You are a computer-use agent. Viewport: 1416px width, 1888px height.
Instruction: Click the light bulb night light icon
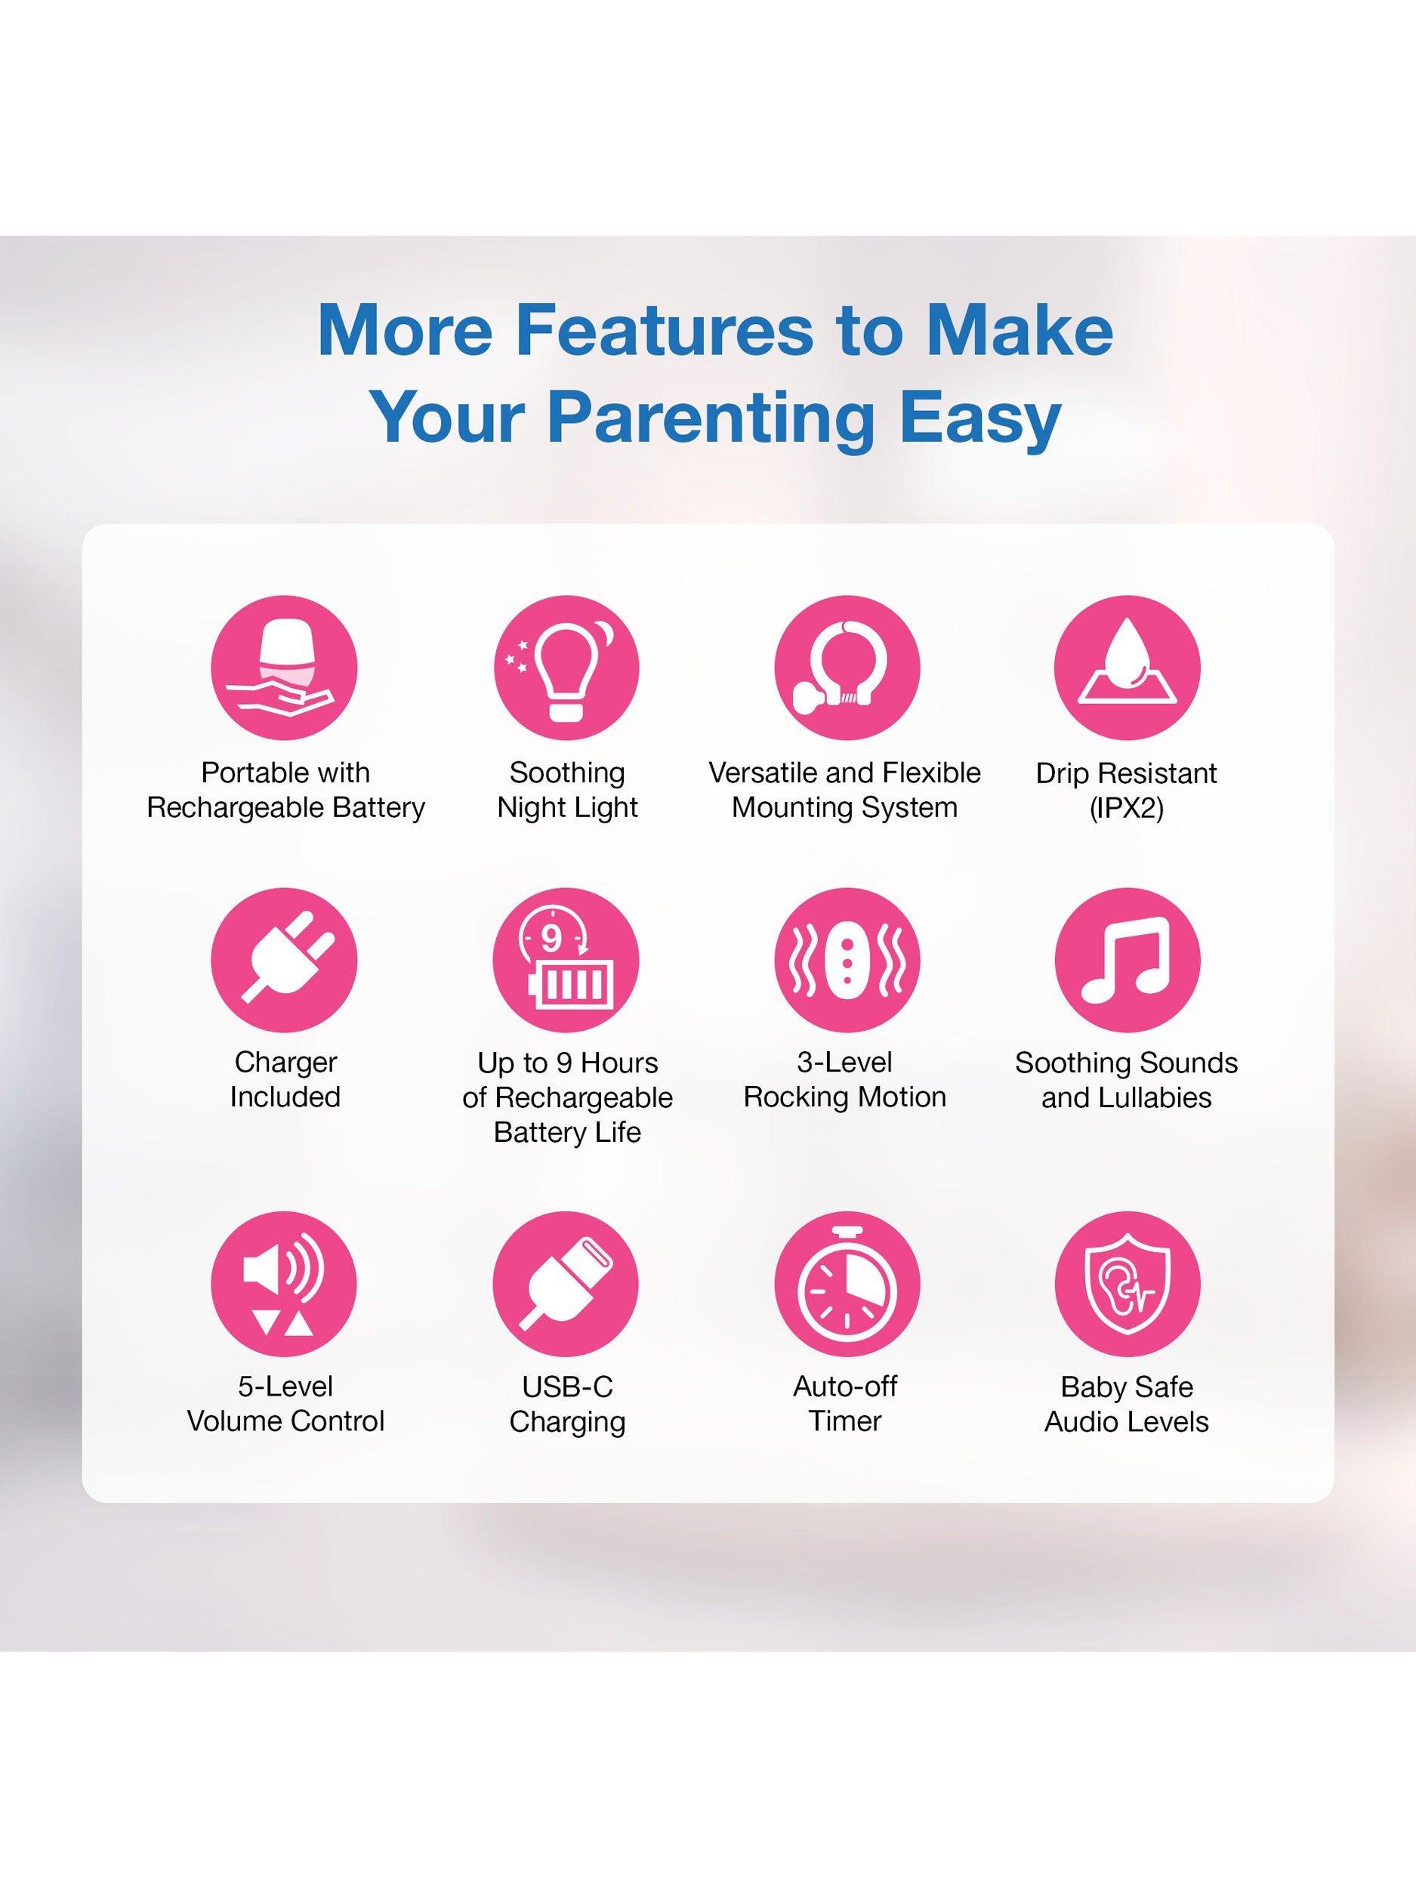(566, 668)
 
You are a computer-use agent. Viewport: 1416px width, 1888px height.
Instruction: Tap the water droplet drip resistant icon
(1127, 668)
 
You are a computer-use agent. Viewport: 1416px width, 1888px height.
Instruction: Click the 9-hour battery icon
(566, 960)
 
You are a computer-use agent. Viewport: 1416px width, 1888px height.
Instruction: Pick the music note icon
(1127, 960)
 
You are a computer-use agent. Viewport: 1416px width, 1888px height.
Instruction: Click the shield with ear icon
(1127, 1284)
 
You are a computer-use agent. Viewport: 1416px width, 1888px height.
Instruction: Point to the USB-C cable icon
(566, 1284)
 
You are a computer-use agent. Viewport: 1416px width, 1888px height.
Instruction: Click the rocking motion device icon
(846, 960)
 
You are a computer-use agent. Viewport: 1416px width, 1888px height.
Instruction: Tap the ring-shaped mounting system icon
(846, 668)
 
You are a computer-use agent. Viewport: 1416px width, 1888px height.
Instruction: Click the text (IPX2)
(1127, 807)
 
